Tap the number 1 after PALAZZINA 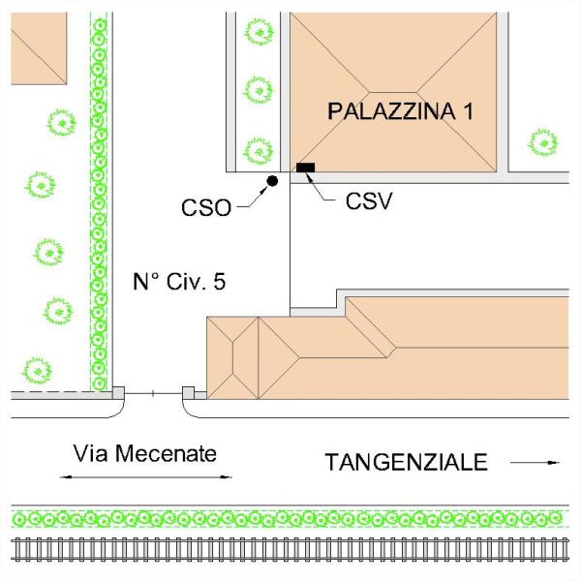coord(468,111)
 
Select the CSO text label coord(206,206)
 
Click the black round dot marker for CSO coord(272,181)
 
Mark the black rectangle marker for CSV coord(306,168)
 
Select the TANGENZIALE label coord(406,463)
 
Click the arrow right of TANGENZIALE coord(535,463)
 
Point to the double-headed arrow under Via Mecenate coord(145,476)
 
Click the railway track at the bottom coord(290,550)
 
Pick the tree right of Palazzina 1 coord(542,142)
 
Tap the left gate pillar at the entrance coord(118,392)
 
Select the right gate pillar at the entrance coord(189,392)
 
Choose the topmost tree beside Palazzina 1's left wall coord(259,32)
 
